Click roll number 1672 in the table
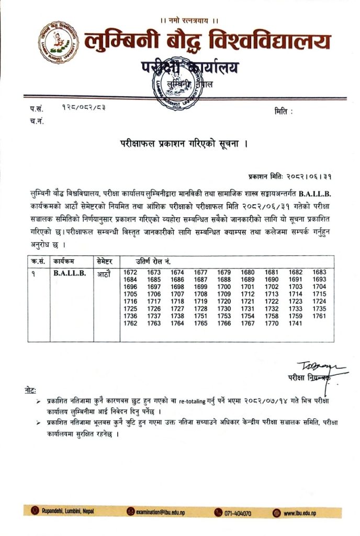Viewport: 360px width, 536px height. [130, 272]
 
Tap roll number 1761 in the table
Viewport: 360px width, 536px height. [319, 316]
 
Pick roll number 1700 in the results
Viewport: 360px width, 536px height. [224, 287]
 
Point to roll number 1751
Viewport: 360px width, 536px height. [201, 316]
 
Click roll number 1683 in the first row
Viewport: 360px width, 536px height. [319, 272]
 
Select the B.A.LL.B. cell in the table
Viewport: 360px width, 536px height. [69, 273]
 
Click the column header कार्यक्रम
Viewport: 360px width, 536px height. [65, 260]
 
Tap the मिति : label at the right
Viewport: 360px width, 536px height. [283, 111]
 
